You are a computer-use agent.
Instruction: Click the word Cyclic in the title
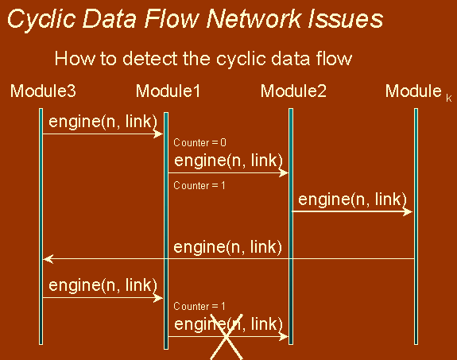tap(41, 20)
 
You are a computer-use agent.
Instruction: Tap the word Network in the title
tap(254, 18)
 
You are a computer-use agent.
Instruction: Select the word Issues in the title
tap(345, 18)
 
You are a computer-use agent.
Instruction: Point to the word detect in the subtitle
tap(149, 58)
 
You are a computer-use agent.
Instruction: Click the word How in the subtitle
tap(75, 58)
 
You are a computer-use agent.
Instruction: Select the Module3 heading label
tap(43, 91)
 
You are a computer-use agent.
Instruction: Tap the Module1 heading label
tap(168, 91)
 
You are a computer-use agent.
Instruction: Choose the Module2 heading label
tap(293, 91)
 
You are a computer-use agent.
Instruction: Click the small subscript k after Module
tap(449, 99)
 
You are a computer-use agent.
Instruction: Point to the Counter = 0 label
tap(199, 142)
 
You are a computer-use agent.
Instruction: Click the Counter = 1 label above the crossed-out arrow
tap(199, 306)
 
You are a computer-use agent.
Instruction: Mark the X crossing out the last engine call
tap(227, 337)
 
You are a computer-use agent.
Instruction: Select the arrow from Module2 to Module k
tap(352, 211)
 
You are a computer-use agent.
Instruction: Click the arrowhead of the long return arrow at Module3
tap(48, 258)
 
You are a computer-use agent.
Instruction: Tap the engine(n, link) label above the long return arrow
tap(227, 247)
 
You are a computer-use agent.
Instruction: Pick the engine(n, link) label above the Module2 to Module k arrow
tap(352, 199)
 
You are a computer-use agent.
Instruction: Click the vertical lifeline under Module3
tap(41, 226)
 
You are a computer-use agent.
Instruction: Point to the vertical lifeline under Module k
tap(416, 226)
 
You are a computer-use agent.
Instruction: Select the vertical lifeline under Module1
tap(166, 230)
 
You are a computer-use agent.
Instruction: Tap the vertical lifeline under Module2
tap(291, 226)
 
